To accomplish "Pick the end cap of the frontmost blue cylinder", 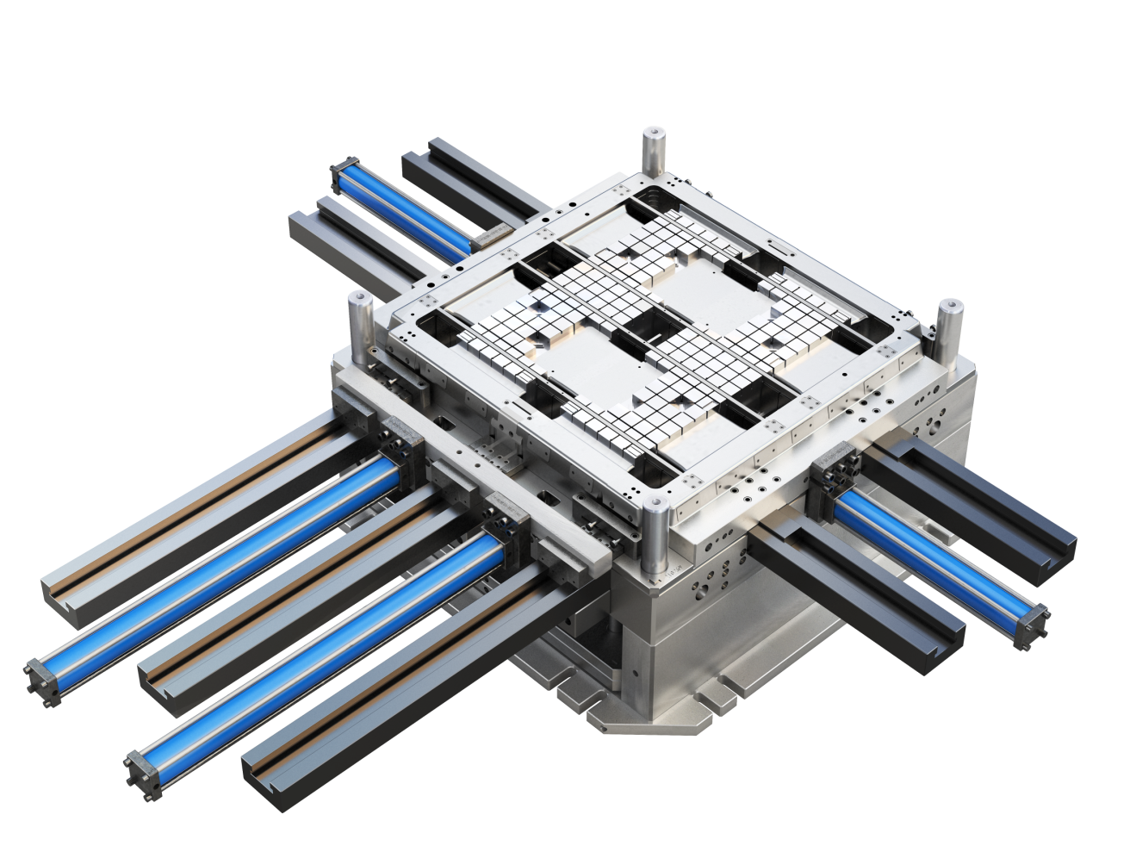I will point(143,765).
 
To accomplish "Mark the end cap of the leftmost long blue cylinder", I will point(41,673).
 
